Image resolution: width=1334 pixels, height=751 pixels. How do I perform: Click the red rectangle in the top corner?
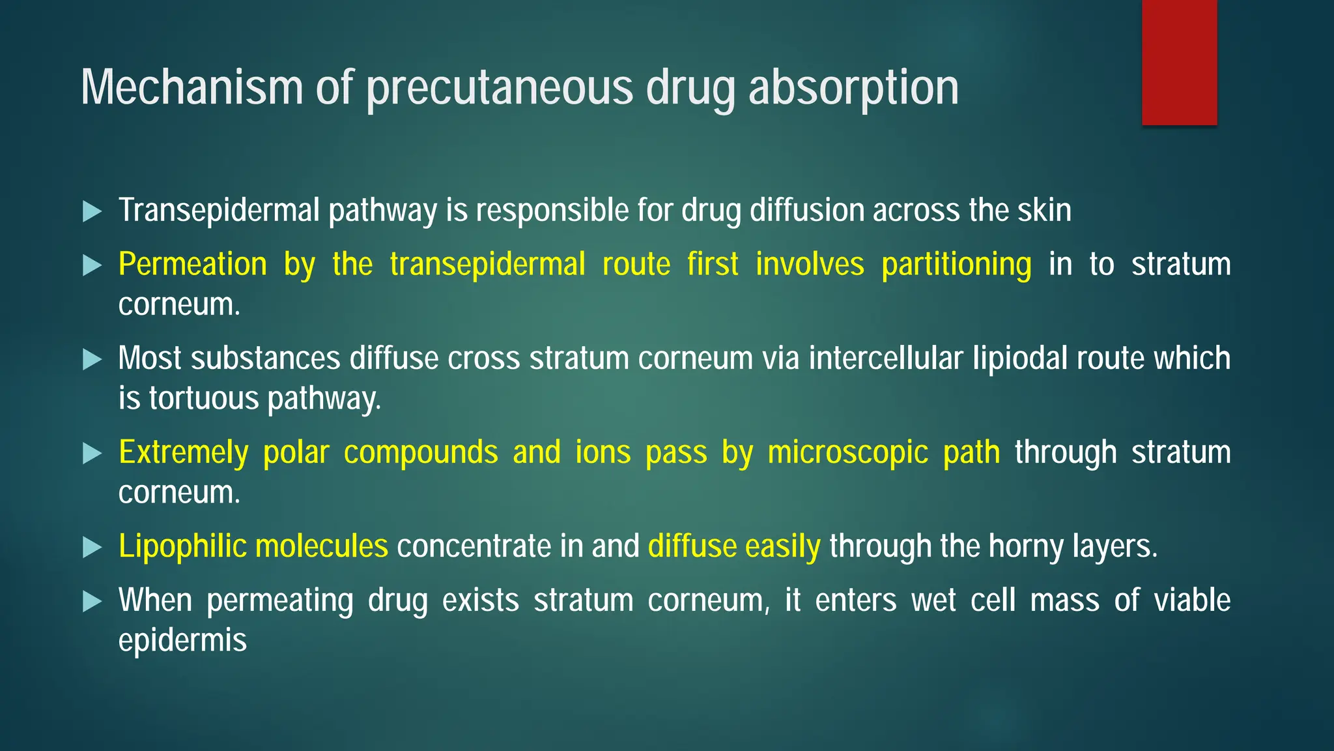click(1179, 63)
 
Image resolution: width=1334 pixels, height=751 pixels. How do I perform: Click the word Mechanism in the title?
click(192, 87)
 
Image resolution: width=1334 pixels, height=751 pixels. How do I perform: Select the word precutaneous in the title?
click(500, 89)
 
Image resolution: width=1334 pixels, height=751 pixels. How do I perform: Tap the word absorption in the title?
click(853, 89)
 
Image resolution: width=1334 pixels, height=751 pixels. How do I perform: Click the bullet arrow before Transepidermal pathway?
click(92, 211)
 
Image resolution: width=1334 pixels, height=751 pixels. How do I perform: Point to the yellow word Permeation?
click(193, 265)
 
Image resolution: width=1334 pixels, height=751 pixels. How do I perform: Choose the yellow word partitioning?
click(956, 265)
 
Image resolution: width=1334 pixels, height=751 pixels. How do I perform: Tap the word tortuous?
click(203, 398)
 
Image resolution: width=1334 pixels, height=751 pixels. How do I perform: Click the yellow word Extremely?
click(183, 452)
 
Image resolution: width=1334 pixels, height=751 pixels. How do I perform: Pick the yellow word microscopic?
click(847, 452)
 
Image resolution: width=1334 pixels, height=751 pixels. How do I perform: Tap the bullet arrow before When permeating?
click(92, 601)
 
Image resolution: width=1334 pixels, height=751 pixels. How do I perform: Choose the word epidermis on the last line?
click(182, 641)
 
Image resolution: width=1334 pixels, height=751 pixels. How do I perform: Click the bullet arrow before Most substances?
click(92, 359)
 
